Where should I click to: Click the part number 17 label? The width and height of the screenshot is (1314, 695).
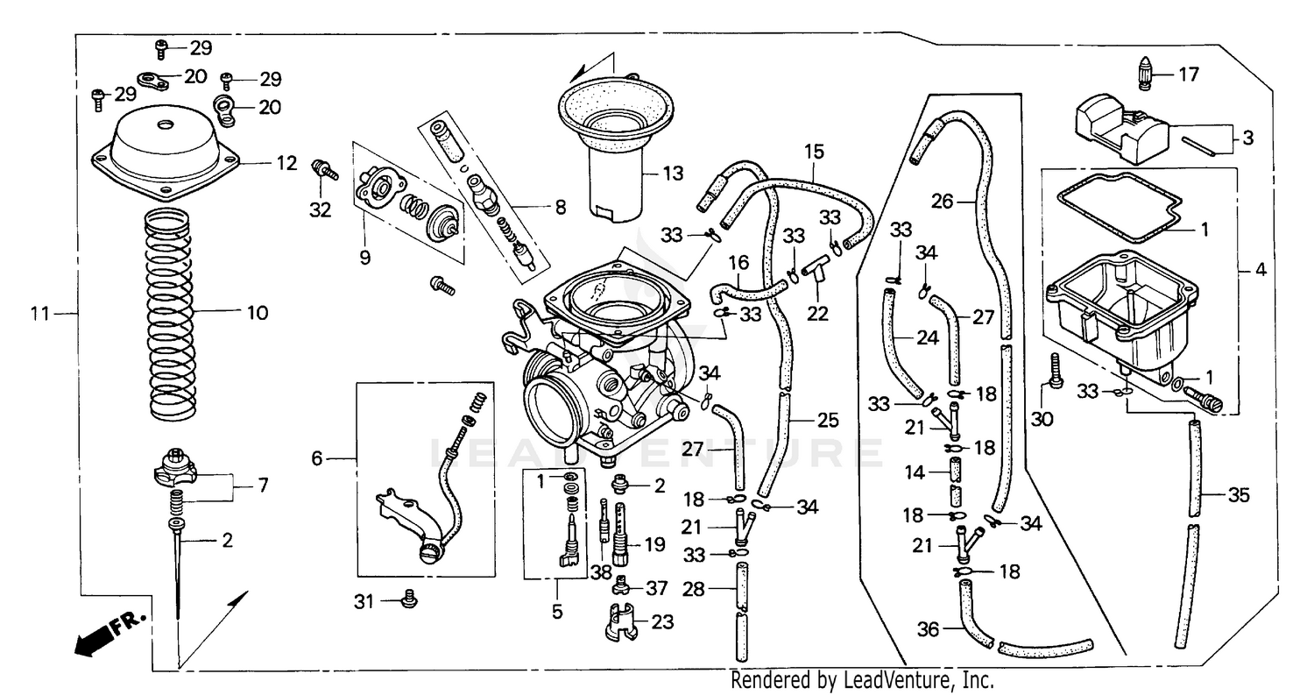coord(1188,75)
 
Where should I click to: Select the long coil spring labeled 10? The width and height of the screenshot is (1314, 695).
coord(170,314)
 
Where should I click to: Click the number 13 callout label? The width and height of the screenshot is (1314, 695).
coord(672,173)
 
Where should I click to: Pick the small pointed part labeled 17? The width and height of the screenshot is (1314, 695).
coord(1145,74)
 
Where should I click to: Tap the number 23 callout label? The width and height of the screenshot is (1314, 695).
coord(662,622)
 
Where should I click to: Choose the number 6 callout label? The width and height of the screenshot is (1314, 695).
coord(317,458)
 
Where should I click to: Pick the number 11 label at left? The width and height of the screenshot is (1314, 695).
coord(39,313)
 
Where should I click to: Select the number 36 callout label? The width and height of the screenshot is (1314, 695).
coord(927,628)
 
